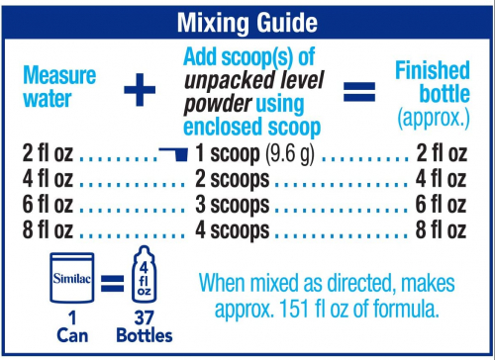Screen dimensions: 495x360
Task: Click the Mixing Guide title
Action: pos(247,23)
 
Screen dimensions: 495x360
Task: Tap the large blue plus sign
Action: pos(140,90)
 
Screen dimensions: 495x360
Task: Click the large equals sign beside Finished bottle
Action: pos(359,91)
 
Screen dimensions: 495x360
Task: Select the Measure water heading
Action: pos(59,86)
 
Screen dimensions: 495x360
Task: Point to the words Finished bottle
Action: pos(433,82)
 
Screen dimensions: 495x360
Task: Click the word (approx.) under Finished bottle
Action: pos(434,118)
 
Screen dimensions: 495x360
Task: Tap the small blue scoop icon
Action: pos(173,154)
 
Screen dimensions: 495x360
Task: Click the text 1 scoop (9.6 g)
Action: pos(254,153)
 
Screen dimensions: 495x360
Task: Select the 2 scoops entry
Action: pos(233,180)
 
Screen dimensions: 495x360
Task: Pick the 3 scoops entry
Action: pos(233,205)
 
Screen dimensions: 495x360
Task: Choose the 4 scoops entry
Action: pos(233,230)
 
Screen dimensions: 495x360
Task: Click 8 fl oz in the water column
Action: pos(48,229)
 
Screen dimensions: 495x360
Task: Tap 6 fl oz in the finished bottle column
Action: pos(441,205)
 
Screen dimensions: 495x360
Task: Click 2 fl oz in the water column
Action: pos(48,153)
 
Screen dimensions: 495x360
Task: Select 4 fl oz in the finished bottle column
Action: pos(441,179)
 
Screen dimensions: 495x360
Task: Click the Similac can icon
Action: pos(72,278)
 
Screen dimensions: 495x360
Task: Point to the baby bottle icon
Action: pos(144,274)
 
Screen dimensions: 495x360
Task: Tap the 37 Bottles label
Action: pos(145,327)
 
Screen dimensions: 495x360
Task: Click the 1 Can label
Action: pos(72,327)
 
